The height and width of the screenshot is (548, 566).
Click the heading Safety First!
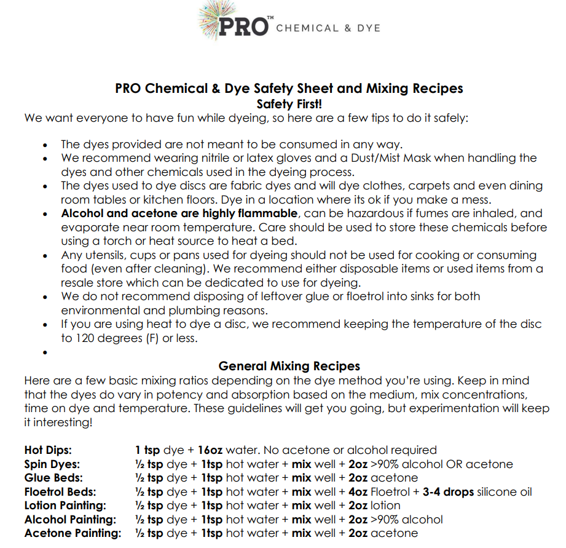[289, 104]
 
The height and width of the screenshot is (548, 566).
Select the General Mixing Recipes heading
[289, 366]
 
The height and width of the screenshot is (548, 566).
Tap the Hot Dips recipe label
[48, 450]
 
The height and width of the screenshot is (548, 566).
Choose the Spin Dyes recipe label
[52, 464]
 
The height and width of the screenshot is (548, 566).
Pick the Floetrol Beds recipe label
[60, 492]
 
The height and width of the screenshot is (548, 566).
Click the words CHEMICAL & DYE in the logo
[328, 28]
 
